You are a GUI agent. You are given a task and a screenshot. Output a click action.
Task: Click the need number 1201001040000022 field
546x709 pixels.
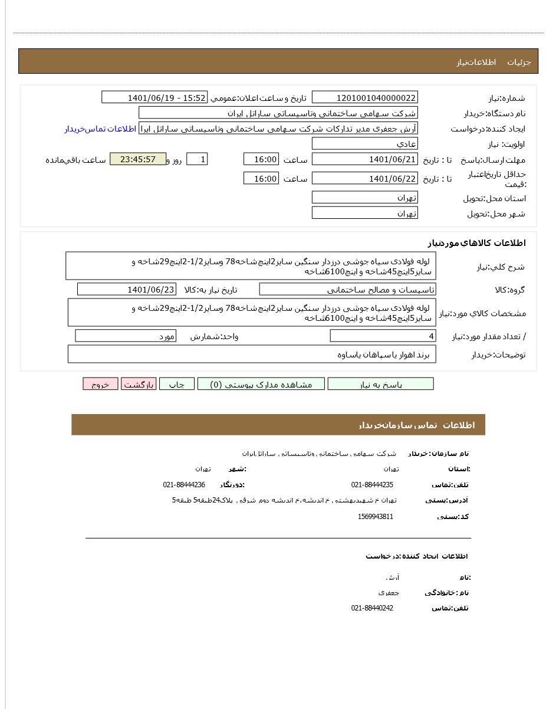[x=364, y=97]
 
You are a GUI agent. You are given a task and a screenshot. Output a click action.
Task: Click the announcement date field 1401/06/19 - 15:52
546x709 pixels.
[x=154, y=97]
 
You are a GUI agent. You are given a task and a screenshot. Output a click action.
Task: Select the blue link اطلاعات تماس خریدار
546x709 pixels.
[x=100, y=129]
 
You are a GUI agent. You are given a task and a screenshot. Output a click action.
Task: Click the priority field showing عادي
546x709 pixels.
[x=364, y=143]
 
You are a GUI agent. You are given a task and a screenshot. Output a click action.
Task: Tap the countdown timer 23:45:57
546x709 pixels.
[x=138, y=159]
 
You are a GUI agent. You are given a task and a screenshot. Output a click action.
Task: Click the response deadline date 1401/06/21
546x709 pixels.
[x=364, y=159]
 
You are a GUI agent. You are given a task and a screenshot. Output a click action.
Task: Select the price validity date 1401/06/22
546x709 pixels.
[x=364, y=178]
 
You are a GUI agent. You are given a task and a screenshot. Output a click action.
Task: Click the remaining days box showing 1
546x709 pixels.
[x=197, y=159]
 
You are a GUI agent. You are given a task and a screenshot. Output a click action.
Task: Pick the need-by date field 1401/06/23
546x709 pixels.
[x=126, y=289]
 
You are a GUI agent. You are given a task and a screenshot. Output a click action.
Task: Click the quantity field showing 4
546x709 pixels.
[x=383, y=336]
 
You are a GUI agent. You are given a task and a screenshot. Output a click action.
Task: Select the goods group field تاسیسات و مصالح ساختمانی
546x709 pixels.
[x=347, y=289]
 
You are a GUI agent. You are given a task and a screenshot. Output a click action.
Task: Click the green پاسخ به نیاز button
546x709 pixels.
[x=380, y=384]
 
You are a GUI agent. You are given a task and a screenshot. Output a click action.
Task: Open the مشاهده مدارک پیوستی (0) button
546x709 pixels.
[x=261, y=384]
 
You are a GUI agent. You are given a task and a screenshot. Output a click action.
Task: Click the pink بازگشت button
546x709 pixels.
[x=139, y=384]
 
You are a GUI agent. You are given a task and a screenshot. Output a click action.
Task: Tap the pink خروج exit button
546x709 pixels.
[x=100, y=384]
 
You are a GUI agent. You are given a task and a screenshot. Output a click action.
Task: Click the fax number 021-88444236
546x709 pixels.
[x=184, y=485]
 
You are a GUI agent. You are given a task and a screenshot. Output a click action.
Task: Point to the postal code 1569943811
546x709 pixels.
[x=375, y=517]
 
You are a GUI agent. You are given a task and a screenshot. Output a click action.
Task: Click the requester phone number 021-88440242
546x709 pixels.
[x=372, y=608]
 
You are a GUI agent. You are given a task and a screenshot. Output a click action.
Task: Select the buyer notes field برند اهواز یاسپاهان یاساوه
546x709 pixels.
[x=252, y=354]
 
